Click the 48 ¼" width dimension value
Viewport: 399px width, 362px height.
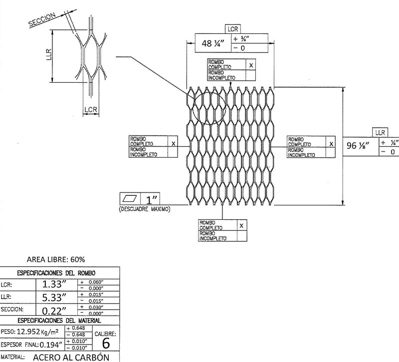212,43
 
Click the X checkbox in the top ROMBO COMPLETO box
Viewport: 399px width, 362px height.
251,65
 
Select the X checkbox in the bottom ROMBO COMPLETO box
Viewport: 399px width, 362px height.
241,225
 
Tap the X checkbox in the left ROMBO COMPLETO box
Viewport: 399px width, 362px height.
173,143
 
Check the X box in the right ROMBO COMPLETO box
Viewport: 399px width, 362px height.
331,143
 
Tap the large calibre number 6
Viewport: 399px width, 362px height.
105,343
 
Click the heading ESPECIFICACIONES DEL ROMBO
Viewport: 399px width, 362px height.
59,273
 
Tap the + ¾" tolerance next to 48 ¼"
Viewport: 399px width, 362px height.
241,39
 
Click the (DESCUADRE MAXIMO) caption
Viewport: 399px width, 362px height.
145,209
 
